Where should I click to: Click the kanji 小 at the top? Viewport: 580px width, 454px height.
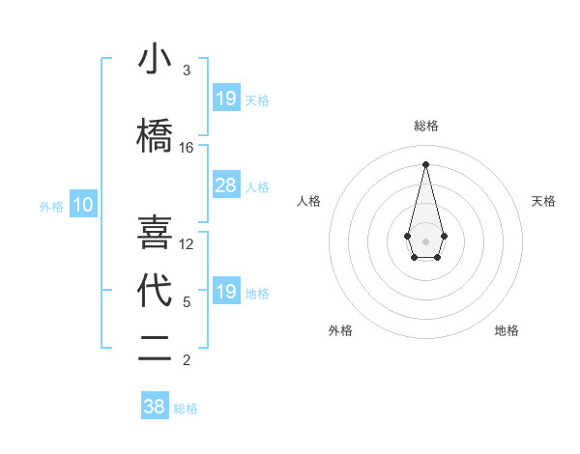click(x=155, y=60)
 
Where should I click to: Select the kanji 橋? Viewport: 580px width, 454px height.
click(x=155, y=136)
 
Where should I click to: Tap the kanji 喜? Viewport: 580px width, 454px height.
click(x=155, y=233)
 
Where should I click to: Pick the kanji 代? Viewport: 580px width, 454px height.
click(x=155, y=291)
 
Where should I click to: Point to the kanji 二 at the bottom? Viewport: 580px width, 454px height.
click(x=155, y=349)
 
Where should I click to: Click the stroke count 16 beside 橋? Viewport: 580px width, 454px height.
click(x=187, y=148)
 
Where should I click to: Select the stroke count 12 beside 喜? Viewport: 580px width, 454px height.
click(x=187, y=244)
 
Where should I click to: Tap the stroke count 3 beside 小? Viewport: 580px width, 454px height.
click(x=187, y=71)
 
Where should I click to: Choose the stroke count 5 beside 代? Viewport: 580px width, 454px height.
click(x=187, y=302)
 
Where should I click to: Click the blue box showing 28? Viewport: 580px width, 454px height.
click(x=225, y=185)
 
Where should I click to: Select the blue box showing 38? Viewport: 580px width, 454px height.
click(x=155, y=407)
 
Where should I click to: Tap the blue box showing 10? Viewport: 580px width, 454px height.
click(x=82, y=204)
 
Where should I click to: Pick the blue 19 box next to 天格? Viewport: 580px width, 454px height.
click(x=225, y=98)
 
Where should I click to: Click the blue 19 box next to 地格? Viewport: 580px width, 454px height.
click(x=225, y=291)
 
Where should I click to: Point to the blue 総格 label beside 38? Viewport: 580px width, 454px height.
click(x=186, y=409)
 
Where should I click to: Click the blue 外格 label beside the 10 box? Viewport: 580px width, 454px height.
click(x=50, y=206)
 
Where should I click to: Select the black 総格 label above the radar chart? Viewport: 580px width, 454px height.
click(x=425, y=126)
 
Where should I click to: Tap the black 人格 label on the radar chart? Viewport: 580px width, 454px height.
click(x=309, y=201)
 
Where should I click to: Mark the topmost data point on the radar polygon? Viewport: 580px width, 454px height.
click(x=425, y=163)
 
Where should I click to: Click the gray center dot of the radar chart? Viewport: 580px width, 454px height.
click(x=425, y=240)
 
